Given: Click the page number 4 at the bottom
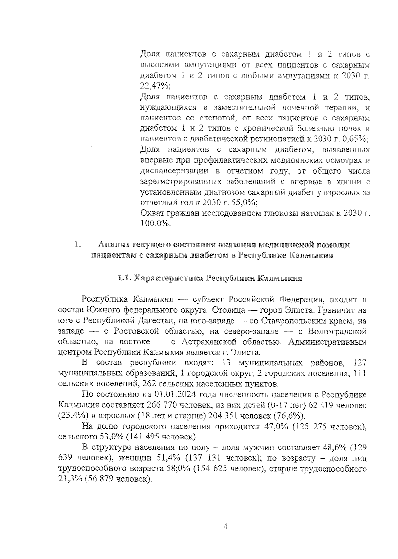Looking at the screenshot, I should point(226,527).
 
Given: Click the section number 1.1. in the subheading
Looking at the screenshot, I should point(125,278).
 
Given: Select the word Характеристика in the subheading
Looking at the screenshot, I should point(169,278).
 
